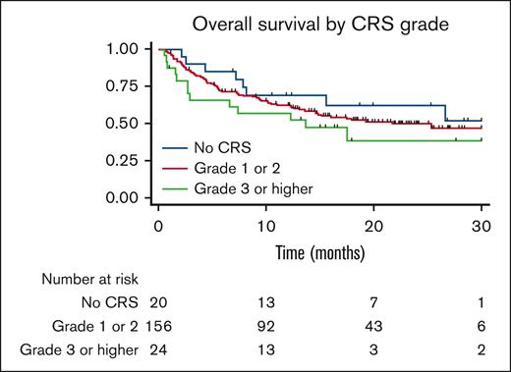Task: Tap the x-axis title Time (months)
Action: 319,252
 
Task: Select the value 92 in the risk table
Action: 265,323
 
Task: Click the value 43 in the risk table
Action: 373,323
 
